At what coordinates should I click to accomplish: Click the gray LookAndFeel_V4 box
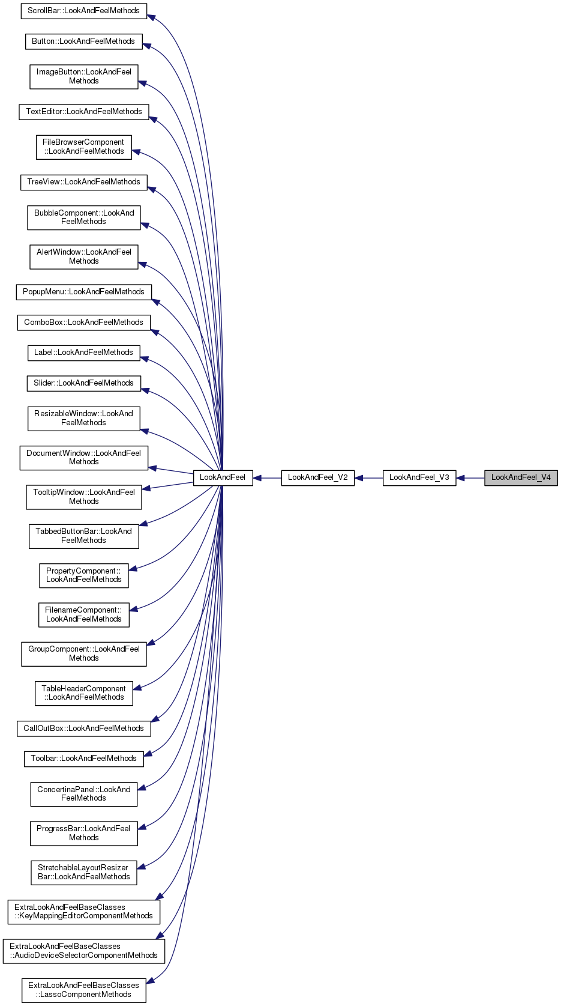[x=521, y=477]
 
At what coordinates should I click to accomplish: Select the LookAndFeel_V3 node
[x=419, y=477]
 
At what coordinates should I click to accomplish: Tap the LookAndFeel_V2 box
[x=317, y=477]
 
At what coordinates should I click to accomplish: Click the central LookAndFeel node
[x=223, y=477]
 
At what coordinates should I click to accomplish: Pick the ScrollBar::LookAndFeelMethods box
[x=83, y=11]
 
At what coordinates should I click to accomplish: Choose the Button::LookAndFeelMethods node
[x=83, y=41]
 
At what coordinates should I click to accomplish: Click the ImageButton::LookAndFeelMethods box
[x=83, y=76]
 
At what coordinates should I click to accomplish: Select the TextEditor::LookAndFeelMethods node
[x=83, y=112]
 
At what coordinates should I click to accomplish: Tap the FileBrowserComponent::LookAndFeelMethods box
[x=83, y=147]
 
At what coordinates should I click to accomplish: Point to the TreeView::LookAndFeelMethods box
[x=83, y=182]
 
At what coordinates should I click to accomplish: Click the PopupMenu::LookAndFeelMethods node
[x=83, y=292]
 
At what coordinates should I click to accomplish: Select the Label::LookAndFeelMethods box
[x=83, y=353]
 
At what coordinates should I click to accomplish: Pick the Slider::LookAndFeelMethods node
[x=83, y=383]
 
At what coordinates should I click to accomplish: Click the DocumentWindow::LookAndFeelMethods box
[x=83, y=458]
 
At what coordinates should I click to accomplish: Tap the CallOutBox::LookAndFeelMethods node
[x=83, y=729]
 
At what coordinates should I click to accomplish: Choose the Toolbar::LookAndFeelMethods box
[x=83, y=759]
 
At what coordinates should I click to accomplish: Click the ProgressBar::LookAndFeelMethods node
[x=83, y=833]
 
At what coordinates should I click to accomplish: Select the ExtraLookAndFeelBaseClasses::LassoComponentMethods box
[x=83, y=990]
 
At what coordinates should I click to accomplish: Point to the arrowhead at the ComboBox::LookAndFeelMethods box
[x=154, y=332]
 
